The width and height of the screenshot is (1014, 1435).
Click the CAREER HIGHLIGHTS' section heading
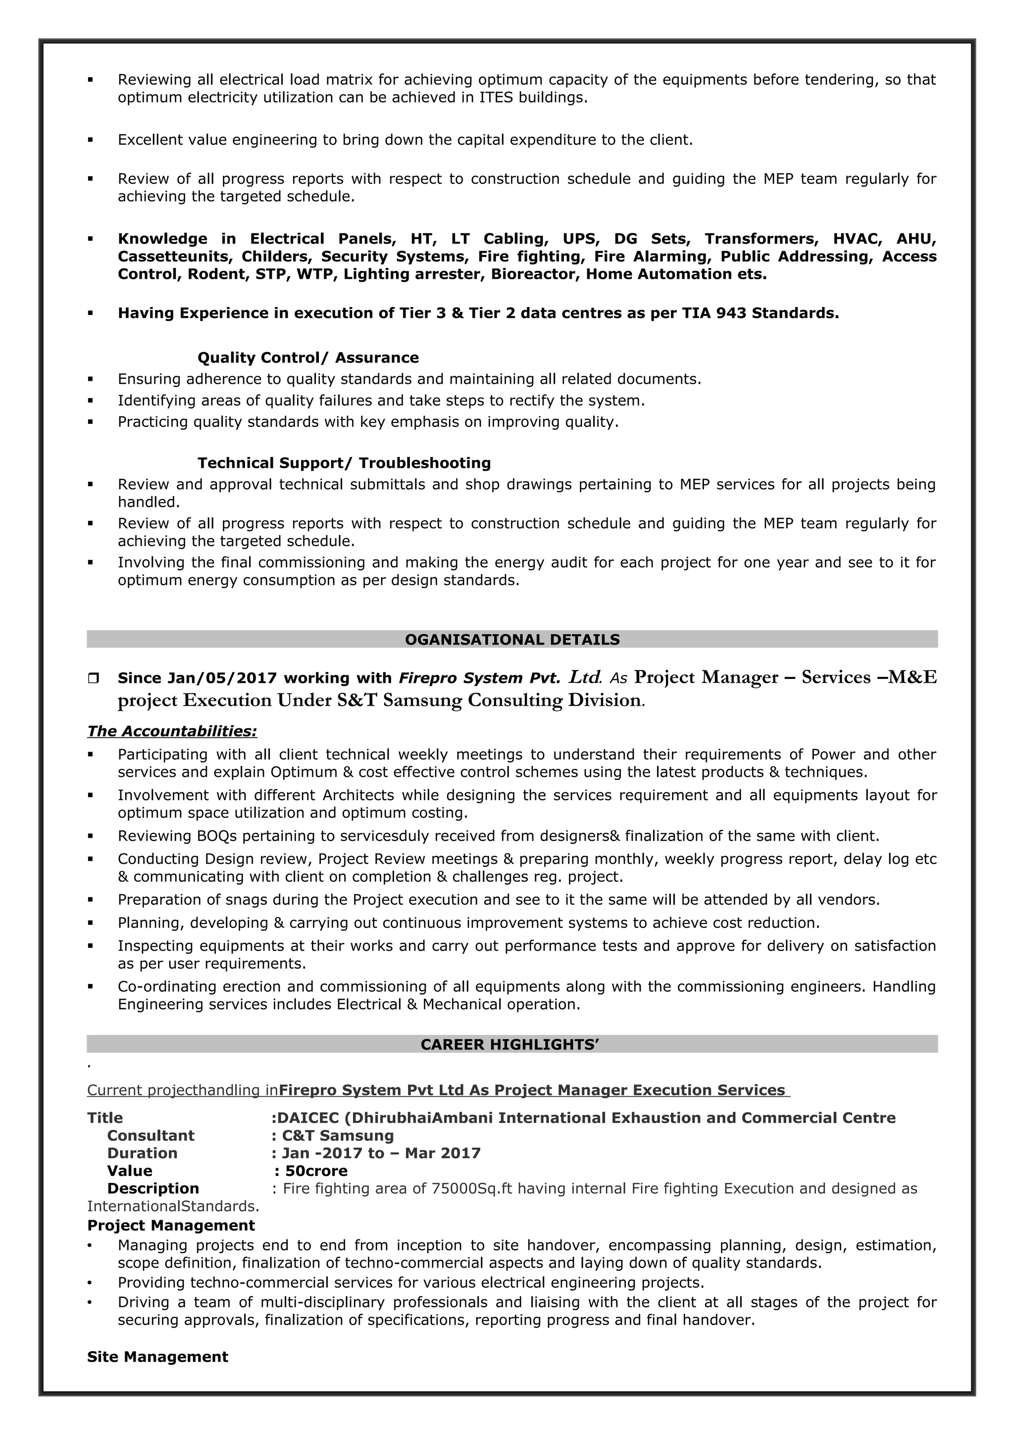(510, 1044)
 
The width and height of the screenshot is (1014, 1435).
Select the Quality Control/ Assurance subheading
(308, 358)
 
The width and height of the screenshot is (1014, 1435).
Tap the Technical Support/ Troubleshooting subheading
(344, 462)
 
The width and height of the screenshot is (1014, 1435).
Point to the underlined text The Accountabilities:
(172, 731)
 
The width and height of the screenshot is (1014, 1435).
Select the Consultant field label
(151, 1135)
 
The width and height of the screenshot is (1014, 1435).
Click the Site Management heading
(157, 1357)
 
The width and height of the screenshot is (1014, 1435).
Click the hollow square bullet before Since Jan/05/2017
(93, 677)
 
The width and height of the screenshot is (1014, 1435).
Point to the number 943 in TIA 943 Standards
(731, 312)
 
